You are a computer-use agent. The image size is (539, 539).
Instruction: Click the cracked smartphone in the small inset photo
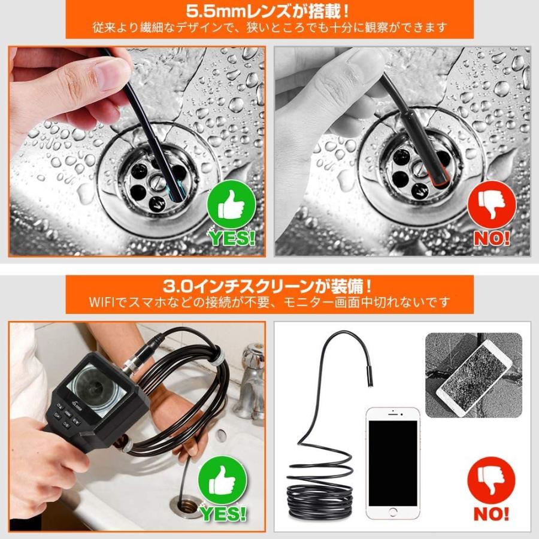coord(473,376)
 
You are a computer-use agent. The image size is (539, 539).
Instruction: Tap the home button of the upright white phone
coord(393,512)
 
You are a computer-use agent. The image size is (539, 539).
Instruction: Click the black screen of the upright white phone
coord(393,462)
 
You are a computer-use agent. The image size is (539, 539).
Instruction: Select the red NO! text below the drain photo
coord(492,238)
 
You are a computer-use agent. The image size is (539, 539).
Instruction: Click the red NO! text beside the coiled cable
coord(491,513)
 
